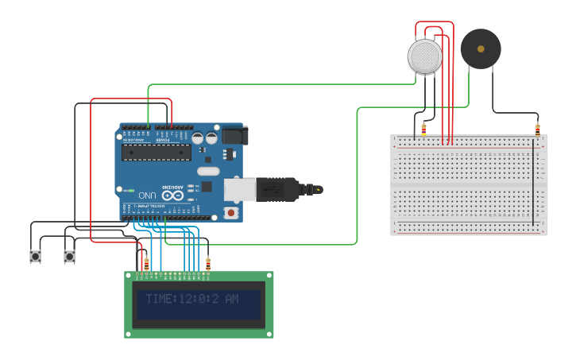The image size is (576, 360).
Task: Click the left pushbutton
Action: click(x=36, y=257)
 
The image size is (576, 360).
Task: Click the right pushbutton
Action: click(x=69, y=257)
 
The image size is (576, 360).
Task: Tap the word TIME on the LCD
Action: click(x=160, y=299)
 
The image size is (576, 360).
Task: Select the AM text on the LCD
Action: click(x=231, y=299)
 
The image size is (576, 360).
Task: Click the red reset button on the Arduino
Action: click(x=230, y=213)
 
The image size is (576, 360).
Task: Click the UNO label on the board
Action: click(x=148, y=195)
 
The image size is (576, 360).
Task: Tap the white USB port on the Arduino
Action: click(x=239, y=189)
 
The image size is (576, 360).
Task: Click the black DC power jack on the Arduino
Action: click(x=234, y=136)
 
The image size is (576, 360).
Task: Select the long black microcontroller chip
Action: click(x=156, y=153)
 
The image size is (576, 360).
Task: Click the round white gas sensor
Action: click(x=425, y=56)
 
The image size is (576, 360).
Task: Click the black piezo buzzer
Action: click(x=481, y=49)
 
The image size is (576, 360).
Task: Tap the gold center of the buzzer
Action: click(x=481, y=49)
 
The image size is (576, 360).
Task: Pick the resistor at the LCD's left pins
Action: click(x=146, y=263)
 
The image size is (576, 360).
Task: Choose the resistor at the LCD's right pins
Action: click(x=208, y=264)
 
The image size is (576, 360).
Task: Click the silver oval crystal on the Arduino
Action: click(x=207, y=171)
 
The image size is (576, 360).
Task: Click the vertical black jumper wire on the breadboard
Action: click(x=533, y=183)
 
